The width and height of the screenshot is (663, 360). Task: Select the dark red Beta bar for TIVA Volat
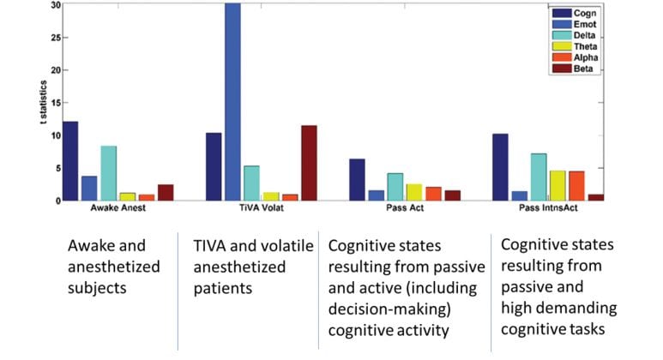click(x=309, y=163)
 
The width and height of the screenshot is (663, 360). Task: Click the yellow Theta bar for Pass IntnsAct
click(x=533, y=185)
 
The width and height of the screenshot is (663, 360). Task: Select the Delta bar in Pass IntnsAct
click(x=515, y=177)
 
